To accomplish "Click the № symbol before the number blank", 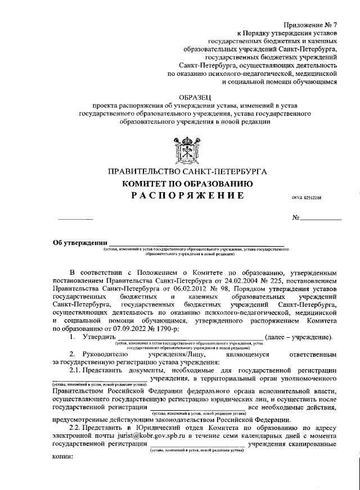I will pos(296,217).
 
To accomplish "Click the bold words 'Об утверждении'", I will pos(79,243).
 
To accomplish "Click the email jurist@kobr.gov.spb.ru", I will pos(116,435).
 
